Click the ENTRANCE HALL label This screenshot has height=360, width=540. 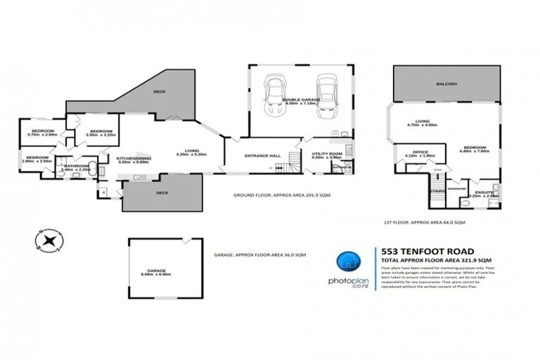tap(262, 155)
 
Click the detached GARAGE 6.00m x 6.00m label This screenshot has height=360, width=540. tap(157, 271)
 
